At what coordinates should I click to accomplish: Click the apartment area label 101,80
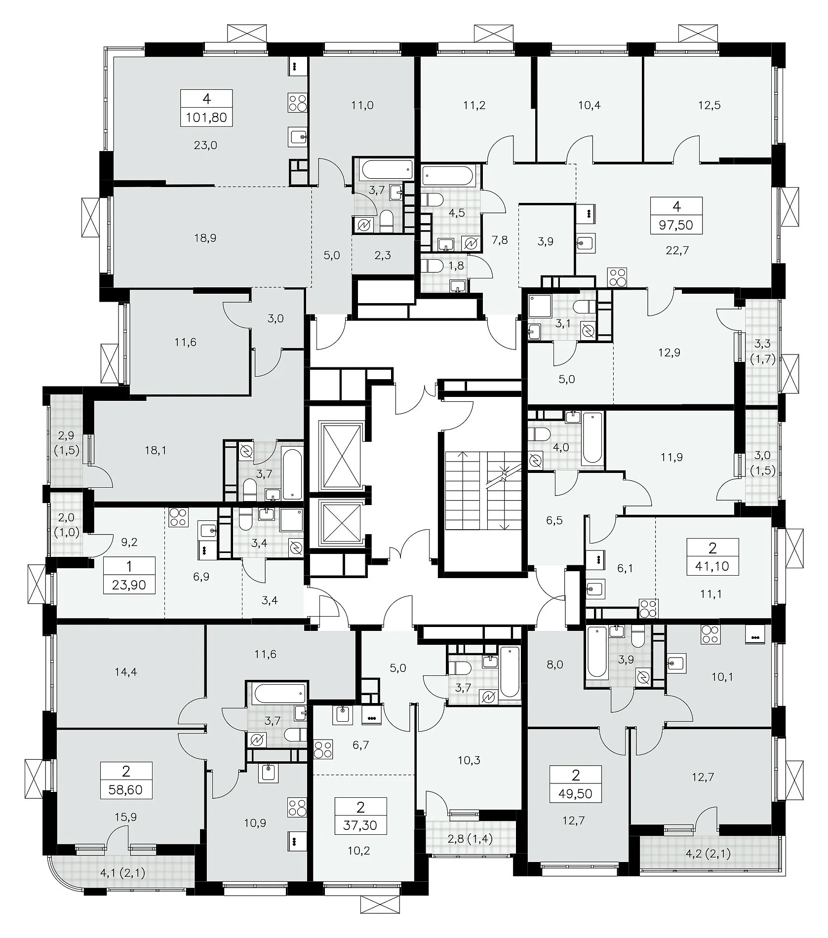coord(206,118)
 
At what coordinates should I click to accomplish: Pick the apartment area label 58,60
coord(125,790)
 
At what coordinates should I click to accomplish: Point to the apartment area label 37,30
coord(360,825)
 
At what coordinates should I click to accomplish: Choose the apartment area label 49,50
coord(575,794)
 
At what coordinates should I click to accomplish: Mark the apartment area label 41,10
coord(712,566)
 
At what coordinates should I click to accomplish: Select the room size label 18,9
coord(205,238)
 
